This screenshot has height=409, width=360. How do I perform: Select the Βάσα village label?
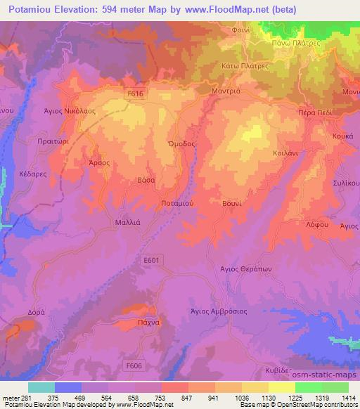click(x=146, y=180)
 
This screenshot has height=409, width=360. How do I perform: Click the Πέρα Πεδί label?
click(x=312, y=112)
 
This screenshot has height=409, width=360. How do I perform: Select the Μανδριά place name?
click(x=227, y=91)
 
